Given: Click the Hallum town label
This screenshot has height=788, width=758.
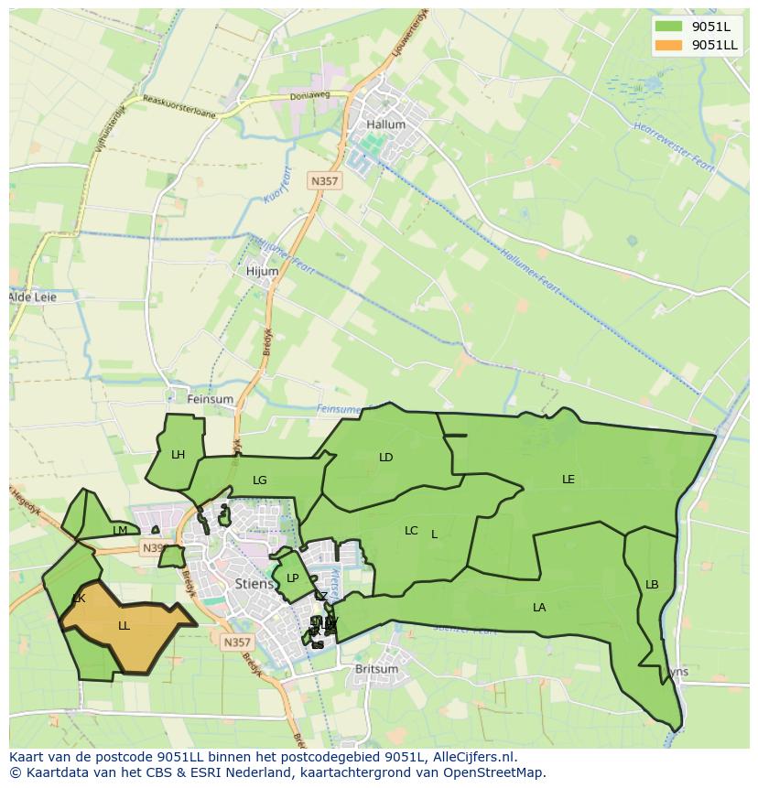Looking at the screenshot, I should click(x=384, y=124).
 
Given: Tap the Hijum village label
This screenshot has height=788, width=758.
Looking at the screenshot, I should click(x=262, y=271).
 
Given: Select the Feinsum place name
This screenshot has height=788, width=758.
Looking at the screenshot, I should click(x=210, y=399).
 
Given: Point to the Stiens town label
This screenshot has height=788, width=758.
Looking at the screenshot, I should click(x=254, y=582).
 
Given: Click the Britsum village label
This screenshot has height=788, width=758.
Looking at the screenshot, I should click(x=376, y=669).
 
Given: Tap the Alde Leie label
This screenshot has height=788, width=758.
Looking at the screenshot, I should click(x=32, y=297).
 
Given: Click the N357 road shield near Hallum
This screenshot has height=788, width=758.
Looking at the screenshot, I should click(x=324, y=181).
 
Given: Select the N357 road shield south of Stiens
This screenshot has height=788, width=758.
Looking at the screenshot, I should click(x=236, y=642).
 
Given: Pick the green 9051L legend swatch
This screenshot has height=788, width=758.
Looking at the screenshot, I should click(x=669, y=27).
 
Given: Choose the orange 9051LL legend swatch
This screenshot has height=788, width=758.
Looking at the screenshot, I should click(x=669, y=45).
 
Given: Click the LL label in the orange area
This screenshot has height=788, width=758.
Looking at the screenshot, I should click(x=124, y=626).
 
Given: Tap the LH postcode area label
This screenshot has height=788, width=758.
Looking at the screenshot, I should click(x=178, y=454).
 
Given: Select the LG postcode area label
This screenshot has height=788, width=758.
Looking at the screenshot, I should click(x=260, y=480).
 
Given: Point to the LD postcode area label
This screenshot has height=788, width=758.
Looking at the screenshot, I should click(x=385, y=457).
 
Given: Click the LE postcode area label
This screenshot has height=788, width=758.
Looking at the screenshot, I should click(x=568, y=479).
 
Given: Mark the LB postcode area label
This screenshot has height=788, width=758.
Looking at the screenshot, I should click(x=652, y=585).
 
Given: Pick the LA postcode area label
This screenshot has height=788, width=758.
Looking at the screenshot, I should click(x=539, y=607).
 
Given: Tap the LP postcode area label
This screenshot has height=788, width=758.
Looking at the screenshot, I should click(x=292, y=578).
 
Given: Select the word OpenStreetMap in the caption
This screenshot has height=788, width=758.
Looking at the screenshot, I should click(x=494, y=772).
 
